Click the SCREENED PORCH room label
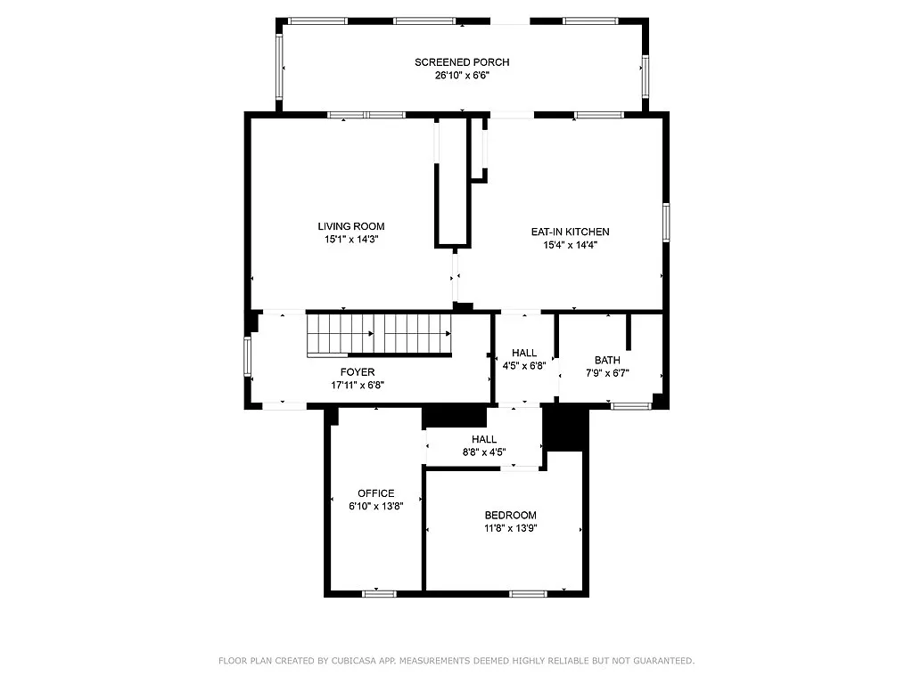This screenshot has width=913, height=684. click(x=461, y=61)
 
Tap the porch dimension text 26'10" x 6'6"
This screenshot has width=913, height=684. click(x=461, y=76)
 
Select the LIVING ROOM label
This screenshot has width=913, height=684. click(x=350, y=226)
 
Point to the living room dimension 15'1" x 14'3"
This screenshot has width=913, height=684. click(x=350, y=240)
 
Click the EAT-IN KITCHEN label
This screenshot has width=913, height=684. click(x=570, y=232)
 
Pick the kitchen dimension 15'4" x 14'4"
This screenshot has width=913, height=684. click(x=570, y=245)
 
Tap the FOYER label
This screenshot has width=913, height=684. click(x=357, y=372)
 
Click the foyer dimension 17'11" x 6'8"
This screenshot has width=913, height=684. click(x=357, y=386)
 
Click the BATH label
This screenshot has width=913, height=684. click(x=607, y=360)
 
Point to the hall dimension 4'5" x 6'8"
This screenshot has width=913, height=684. click(x=523, y=366)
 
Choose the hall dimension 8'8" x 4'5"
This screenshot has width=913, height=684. click(x=483, y=452)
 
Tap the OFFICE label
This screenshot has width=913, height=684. click(x=375, y=493)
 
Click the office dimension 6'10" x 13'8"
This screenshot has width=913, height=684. click(x=375, y=507)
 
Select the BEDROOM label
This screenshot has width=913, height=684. click(x=510, y=515)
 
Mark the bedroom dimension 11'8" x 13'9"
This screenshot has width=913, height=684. click(x=510, y=528)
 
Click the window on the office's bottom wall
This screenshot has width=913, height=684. click(x=379, y=592)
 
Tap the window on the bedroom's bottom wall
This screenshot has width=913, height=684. click(x=528, y=592)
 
